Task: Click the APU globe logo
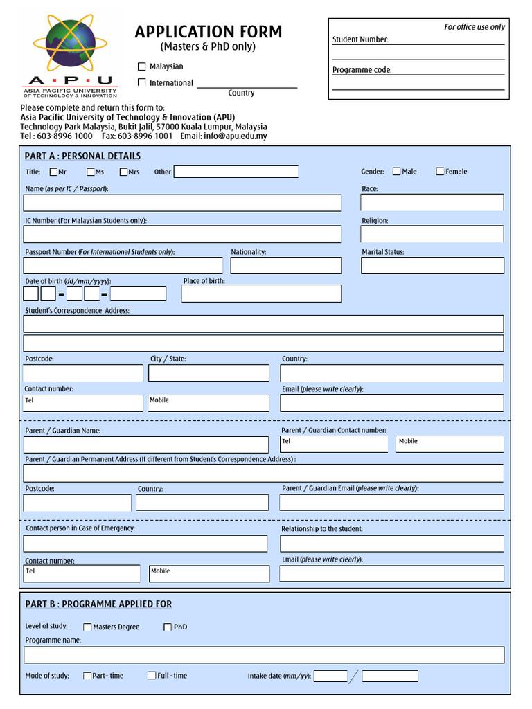pos(69,45)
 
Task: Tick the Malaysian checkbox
pos(142,66)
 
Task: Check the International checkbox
pos(142,82)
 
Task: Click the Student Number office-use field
pos(418,53)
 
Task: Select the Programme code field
pos(418,82)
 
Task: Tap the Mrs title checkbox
pos(124,172)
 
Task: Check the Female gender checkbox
pos(440,172)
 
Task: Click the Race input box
pos(432,202)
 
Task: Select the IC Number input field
pos(182,234)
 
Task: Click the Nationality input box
pos(285,265)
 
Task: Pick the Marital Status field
pos(432,265)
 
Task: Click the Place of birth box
pos(261,294)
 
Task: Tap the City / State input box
pos(209,373)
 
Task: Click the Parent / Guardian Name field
pos(145,445)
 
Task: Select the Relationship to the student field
pos(391,543)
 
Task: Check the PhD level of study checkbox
pos(168,627)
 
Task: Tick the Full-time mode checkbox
pos(152,676)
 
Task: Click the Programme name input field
pos(264,655)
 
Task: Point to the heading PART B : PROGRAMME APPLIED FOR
pos(98,604)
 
